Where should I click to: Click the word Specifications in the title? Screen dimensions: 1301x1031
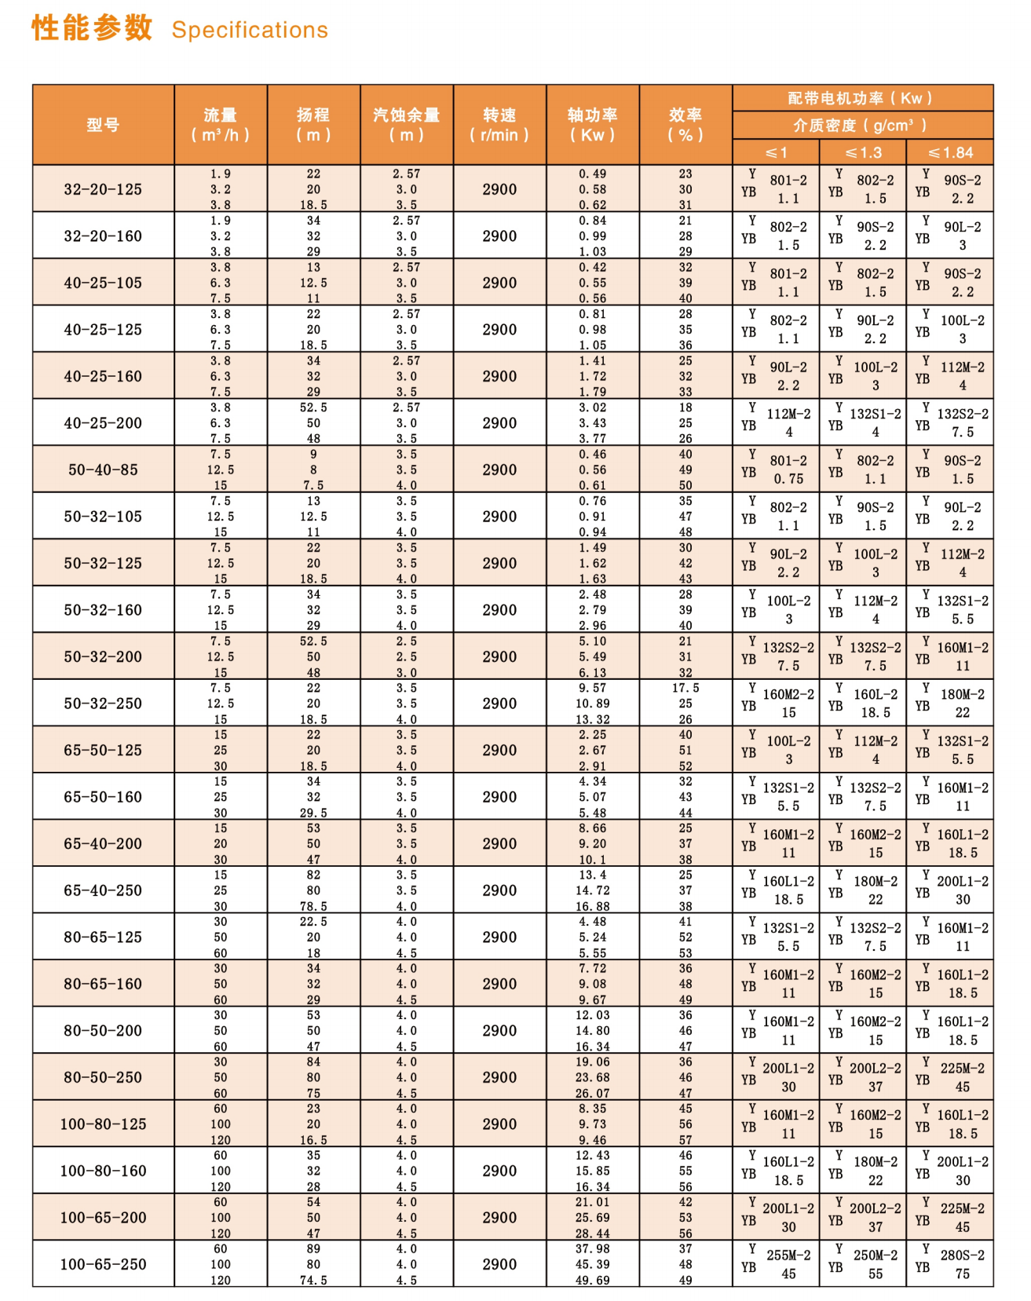pyautogui.click(x=250, y=30)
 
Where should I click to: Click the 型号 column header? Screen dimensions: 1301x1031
pyautogui.click(x=103, y=125)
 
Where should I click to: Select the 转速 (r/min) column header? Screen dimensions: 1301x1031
pyautogui.click(x=499, y=125)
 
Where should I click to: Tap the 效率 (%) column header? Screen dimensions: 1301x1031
pyautogui.click(x=686, y=125)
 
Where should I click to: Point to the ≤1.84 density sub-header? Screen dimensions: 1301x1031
pyautogui.click(x=950, y=152)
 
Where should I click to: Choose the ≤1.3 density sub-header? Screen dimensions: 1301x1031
pyautogui.click(x=863, y=152)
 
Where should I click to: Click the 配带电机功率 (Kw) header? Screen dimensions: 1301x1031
pyautogui.click(x=862, y=98)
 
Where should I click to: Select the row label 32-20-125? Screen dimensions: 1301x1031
pyautogui.click(x=103, y=189)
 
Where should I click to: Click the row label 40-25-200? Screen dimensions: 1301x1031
pyautogui.click(x=103, y=423)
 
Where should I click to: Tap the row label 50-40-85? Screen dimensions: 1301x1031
pyautogui.click(x=103, y=470)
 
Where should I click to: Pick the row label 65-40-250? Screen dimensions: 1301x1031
pyautogui.click(x=103, y=890)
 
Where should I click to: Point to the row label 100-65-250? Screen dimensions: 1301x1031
pyautogui.click(x=103, y=1264)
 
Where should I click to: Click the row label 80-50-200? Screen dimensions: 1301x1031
pyautogui.click(x=103, y=1030)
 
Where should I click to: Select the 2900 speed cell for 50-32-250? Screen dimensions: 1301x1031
pyautogui.click(x=499, y=703)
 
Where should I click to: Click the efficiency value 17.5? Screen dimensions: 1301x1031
pyautogui.click(x=686, y=688)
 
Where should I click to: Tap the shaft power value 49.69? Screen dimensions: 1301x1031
pyautogui.click(x=593, y=1280)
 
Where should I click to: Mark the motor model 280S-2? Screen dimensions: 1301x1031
pyautogui.click(x=963, y=1255)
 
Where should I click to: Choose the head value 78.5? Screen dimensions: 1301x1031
pyautogui.click(x=313, y=906)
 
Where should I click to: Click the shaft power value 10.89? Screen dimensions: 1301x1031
pyautogui.click(x=593, y=703)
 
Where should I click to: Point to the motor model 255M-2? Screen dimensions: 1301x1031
pyautogui.click(x=788, y=1255)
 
